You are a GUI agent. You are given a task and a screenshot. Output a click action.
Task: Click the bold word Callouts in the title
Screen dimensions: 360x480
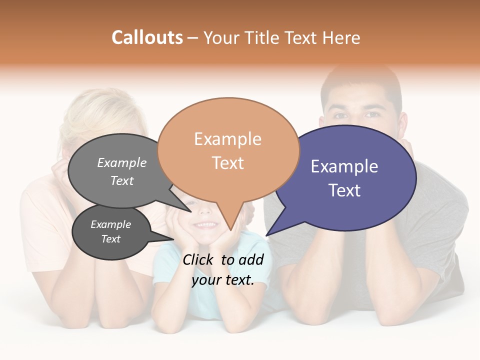coord(147,37)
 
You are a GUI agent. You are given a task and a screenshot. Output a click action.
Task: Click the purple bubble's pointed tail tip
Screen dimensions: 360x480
coord(267,234)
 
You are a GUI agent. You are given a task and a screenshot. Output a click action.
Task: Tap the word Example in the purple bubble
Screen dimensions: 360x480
coord(344,166)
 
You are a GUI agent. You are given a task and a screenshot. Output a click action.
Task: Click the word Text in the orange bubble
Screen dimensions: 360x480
coord(228,162)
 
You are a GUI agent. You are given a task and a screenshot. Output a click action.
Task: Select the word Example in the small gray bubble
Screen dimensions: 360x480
coord(110,224)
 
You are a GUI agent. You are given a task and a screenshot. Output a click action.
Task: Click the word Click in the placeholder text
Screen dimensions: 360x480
coord(199,259)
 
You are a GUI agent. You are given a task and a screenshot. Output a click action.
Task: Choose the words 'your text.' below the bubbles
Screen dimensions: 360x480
coord(223,280)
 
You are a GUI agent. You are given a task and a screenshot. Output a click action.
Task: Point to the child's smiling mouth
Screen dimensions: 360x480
coord(205,225)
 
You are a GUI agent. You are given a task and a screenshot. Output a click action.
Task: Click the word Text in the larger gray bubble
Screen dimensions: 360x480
coord(122,180)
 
